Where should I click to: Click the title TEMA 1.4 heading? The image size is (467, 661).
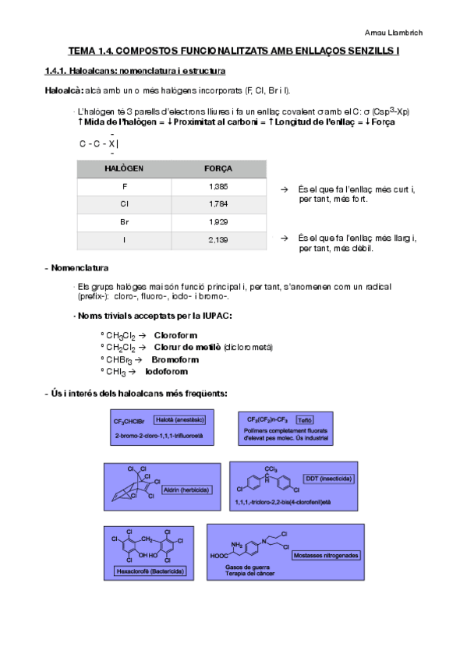pyautogui.click(x=234, y=51)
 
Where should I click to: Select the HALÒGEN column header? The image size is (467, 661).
pyautogui.click(x=124, y=168)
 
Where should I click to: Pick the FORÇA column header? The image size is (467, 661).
pyautogui.click(x=218, y=168)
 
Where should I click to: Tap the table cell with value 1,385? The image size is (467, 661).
pyautogui.click(x=218, y=187)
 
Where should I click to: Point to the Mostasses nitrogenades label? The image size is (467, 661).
pyautogui.click(x=326, y=555)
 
